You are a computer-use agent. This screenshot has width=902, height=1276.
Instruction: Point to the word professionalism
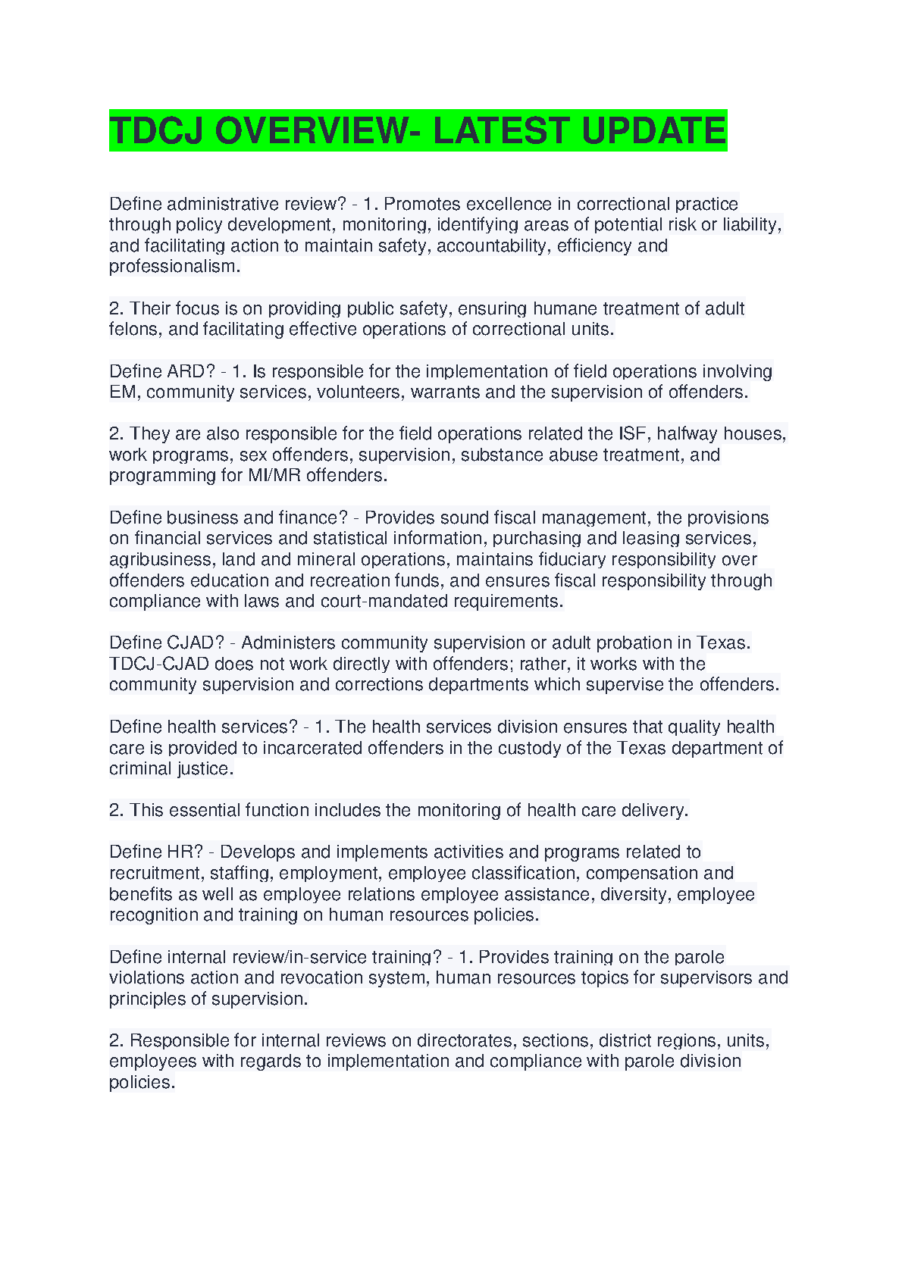coord(174,267)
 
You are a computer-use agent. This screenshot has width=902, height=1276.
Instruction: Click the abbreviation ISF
coord(633,433)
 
